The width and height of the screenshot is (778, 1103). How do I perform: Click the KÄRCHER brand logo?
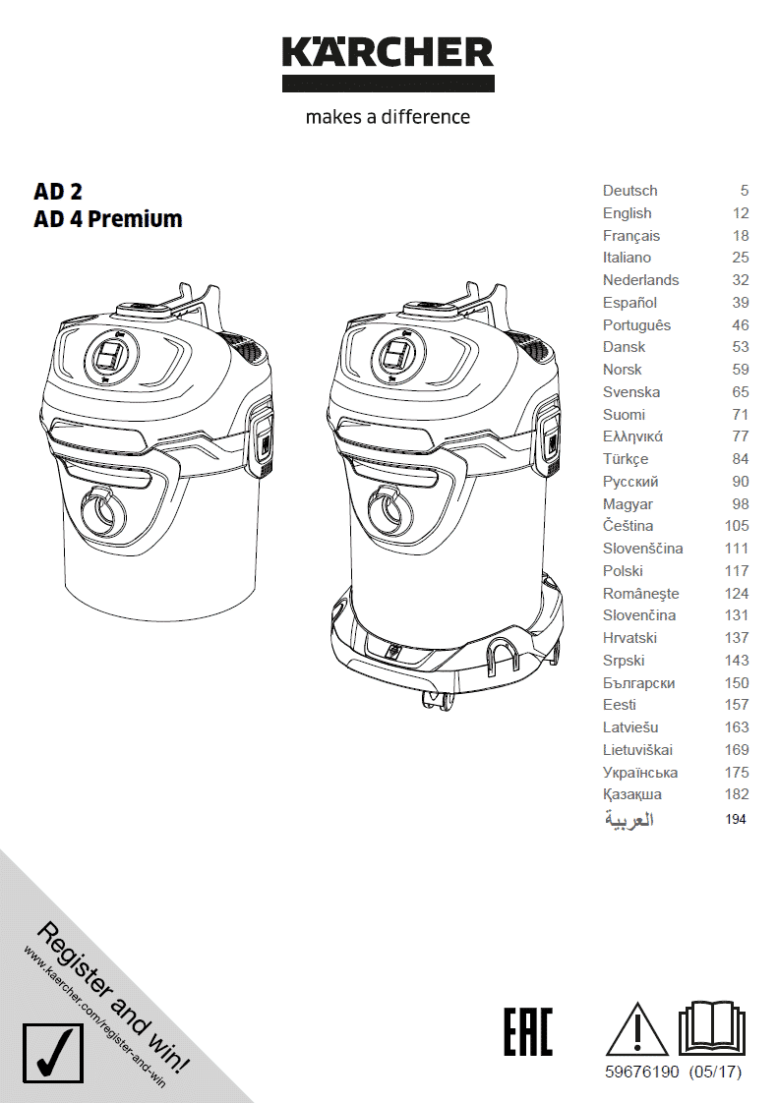[x=388, y=63]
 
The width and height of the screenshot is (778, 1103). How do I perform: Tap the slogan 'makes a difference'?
[x=388, y=117]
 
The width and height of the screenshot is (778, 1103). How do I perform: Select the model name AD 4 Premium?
[x=108, y=219]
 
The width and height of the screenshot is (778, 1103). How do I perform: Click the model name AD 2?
[x=58, y=191]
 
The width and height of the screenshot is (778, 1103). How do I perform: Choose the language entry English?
[x=627, y=213]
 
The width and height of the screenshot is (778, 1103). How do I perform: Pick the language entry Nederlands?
[x=640, y=280]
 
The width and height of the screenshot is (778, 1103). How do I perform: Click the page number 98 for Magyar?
[x=740, y=503]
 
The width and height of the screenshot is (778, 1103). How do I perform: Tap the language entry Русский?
[x=630, y=482]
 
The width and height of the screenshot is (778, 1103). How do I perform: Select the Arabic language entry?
[x=628, y=820]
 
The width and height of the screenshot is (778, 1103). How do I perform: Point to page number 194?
[x=736, y=819]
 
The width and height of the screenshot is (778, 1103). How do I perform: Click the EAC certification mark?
[x=528, y=1031]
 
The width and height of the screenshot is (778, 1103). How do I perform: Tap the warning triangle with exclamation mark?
[x=637, y=1030]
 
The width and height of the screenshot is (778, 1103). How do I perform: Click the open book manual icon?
[x=711, y=1028]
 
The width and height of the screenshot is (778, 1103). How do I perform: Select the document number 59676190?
[x=642, y=1073]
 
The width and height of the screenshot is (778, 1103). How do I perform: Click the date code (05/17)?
[x=716, y=1073]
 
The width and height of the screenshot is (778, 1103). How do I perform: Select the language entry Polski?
[x=623, y=571]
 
